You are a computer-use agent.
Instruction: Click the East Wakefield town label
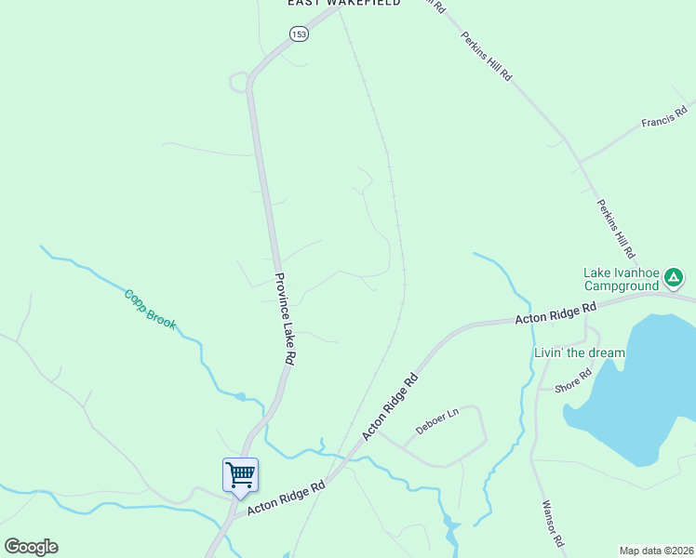coord(344,4)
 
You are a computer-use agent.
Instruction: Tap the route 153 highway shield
coord(298,34)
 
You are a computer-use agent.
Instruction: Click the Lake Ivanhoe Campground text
coord(621,279)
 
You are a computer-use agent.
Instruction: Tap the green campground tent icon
coord(674,276)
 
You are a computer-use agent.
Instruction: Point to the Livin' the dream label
coord(580,353)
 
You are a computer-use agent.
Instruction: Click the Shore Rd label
coord(572,380)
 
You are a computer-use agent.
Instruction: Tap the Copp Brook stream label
coord(150,310)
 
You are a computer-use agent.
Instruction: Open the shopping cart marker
coord(240,475)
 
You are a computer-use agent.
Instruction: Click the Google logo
coord(31,547)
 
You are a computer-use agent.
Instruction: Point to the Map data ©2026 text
coord(656,551)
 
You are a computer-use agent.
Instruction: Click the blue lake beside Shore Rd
coord(642,391)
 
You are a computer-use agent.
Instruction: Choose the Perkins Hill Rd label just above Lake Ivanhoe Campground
coord(615,228)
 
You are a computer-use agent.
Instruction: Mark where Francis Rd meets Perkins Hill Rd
coord(579,162)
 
